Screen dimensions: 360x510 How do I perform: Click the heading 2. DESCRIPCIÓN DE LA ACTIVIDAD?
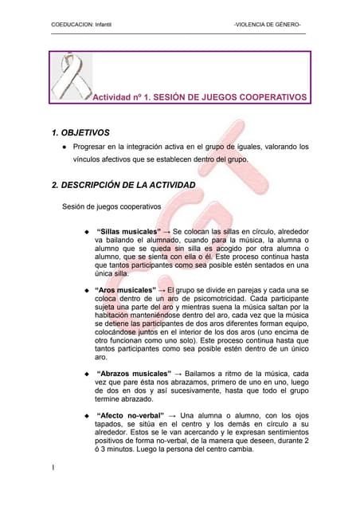click(x=123, y=186)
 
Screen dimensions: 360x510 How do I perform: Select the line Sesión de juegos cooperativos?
click(x=112, y=207)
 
